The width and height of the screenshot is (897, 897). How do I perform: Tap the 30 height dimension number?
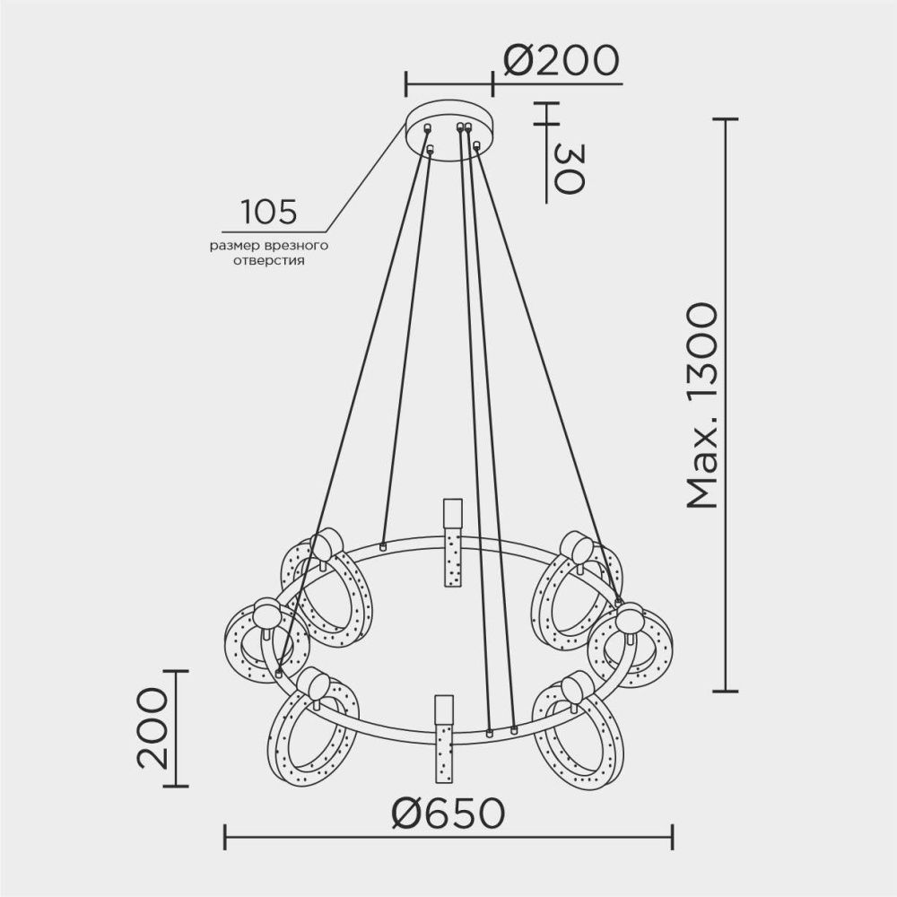coord(568,168)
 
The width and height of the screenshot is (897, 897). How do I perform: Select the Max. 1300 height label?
coord(702,405)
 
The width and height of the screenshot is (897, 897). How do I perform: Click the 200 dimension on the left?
coord(152,728)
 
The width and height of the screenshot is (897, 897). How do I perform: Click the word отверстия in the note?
coord(268,262)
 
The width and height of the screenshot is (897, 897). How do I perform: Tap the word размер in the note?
coord(235,245)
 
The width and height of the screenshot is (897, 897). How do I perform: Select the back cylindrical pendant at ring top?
coord(450,543)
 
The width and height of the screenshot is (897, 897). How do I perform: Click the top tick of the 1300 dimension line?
coord(725,118)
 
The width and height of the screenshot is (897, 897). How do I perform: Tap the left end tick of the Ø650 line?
coord(224,838)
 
